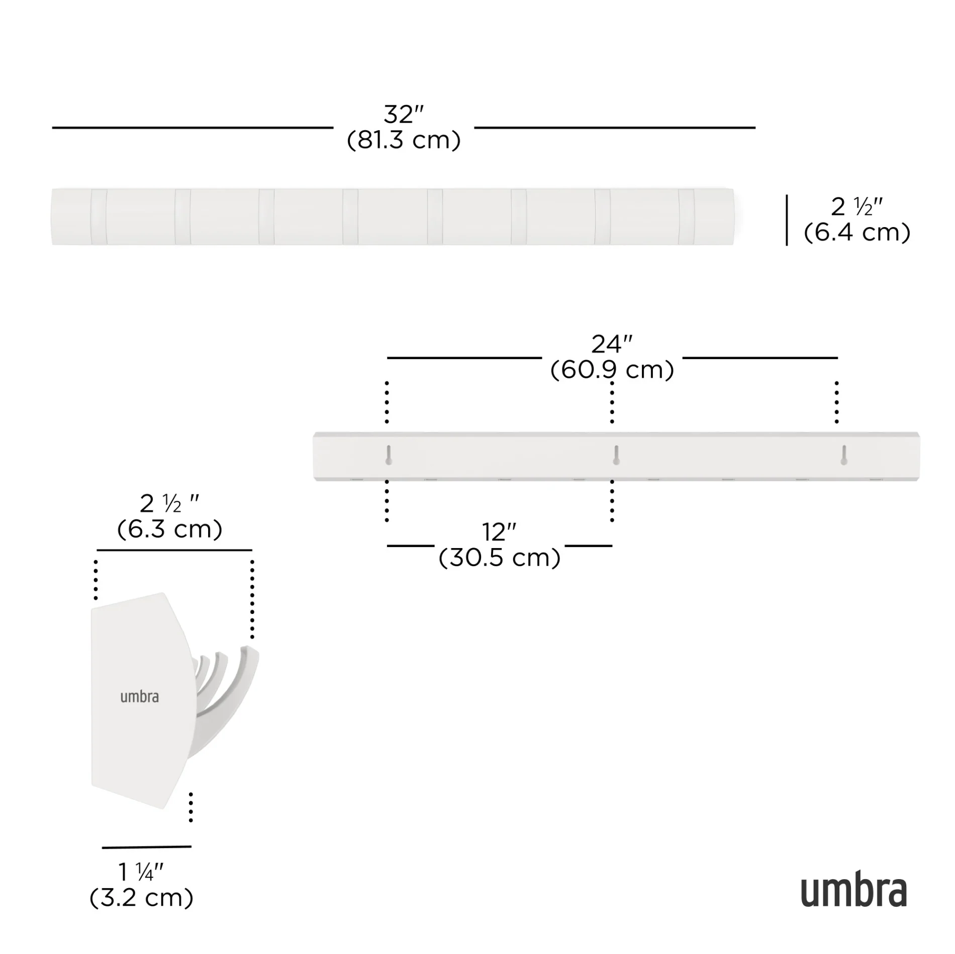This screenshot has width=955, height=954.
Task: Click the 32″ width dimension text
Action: coord(404,115)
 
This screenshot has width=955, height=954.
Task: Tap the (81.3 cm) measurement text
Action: coord(404,140)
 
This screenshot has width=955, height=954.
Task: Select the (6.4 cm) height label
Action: coord(857,233)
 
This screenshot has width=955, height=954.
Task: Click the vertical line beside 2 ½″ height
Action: coord(787,220)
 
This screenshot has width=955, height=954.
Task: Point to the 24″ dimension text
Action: coord(611,345)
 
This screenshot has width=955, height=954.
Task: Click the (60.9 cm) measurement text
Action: coord(612,370)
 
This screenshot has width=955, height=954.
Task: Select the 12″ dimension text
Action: coord(499,532)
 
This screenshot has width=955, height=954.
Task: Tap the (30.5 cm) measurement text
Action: coord(500,558)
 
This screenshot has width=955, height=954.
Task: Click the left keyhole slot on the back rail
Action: coord(389,455)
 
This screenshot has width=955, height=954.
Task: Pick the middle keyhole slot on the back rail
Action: coord(616,455)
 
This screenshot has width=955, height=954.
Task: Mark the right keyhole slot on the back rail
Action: coord(844,455)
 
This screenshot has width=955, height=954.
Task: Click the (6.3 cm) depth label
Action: coord(170,529)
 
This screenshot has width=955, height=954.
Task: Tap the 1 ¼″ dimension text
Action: coord(141,873)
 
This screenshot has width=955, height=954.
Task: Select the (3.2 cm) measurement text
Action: coord(141,898)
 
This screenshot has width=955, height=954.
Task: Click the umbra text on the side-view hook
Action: coord(139,697)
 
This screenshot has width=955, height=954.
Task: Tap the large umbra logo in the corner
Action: coord(853,891)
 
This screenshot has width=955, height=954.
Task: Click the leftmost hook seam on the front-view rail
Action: coord(99,217)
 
